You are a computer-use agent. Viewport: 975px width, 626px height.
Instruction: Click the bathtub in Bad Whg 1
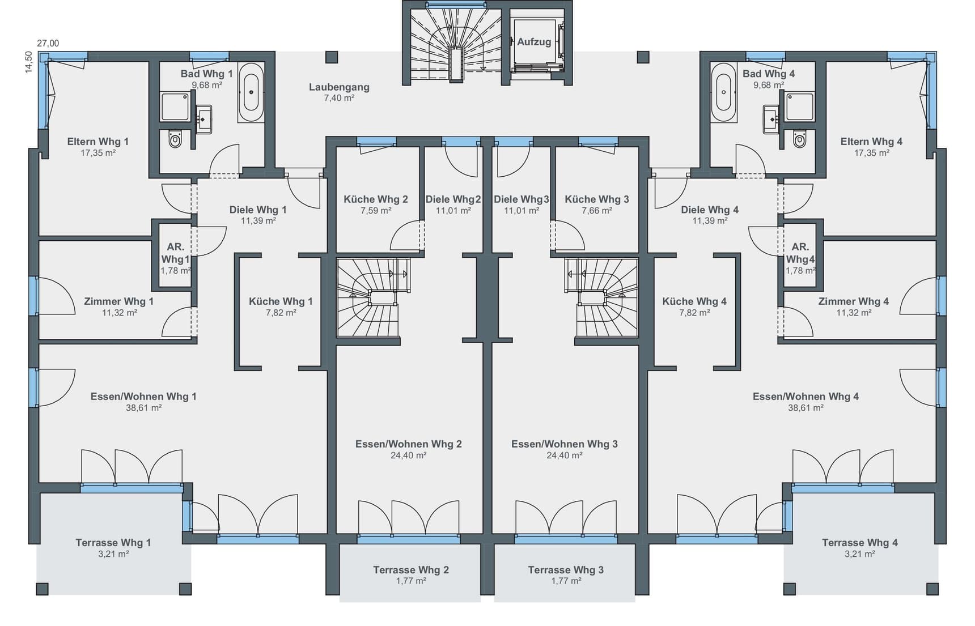250,92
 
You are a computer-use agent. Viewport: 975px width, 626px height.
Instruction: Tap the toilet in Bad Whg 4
799,139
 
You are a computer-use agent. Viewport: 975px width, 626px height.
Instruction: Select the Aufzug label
533,42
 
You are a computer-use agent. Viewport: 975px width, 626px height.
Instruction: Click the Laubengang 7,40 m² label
339,92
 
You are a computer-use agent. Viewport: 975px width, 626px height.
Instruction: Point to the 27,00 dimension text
48,43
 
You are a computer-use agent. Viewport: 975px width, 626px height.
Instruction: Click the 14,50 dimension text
28,62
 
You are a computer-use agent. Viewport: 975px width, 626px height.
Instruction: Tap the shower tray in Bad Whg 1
175,107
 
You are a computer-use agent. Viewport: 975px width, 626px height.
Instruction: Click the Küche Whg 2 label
375,199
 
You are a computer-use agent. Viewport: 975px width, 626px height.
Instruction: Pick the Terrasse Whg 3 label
565,570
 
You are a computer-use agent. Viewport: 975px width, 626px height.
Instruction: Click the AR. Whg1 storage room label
175,253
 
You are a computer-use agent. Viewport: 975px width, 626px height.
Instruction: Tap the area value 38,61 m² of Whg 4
806,408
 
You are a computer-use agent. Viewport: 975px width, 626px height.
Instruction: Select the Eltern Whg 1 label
97,142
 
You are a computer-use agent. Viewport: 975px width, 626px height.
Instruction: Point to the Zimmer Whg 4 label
853,301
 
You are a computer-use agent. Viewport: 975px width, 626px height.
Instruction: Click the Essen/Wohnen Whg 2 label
408,444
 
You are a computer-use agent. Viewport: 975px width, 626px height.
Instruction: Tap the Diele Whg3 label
521,199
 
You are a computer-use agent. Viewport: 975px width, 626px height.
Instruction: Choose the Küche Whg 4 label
694,301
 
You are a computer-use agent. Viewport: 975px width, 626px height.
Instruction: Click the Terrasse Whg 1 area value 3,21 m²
113,554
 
